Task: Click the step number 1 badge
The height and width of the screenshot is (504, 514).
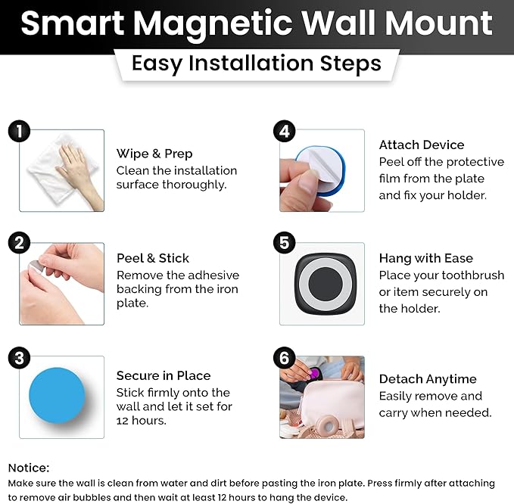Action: click(19, 131)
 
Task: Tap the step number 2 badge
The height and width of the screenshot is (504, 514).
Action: click(19, 244)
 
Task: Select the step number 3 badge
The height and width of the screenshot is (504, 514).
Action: click(19, 357)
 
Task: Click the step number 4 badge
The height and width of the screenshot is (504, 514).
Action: click(283, 131)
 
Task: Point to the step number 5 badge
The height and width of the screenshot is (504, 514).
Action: click(283, 244)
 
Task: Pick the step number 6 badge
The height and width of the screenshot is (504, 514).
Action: click(283, 357)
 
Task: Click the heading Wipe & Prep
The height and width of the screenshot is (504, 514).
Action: click(154, 154)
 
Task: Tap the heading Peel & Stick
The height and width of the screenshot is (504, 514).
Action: click(153, 258)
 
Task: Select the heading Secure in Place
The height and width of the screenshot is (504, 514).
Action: click(164, 375)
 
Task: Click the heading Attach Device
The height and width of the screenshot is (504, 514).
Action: click(422, 145)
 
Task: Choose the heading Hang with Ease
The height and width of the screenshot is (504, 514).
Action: click(425, 258)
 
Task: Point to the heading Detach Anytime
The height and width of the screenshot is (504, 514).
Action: click(428, 378)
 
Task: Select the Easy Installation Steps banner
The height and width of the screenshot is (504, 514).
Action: click(256, 63)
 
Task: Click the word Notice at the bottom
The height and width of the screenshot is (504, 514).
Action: click(29, 467)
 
